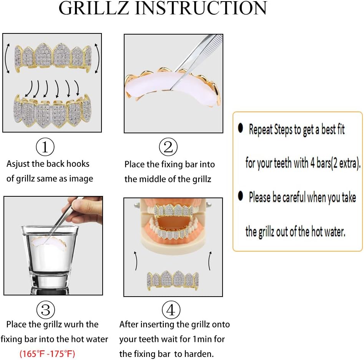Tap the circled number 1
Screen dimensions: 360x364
[45, 148]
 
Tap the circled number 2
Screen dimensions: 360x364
[168, 148]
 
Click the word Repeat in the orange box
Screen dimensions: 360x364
[261, 130]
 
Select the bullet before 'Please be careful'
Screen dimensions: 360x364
[241, 196]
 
